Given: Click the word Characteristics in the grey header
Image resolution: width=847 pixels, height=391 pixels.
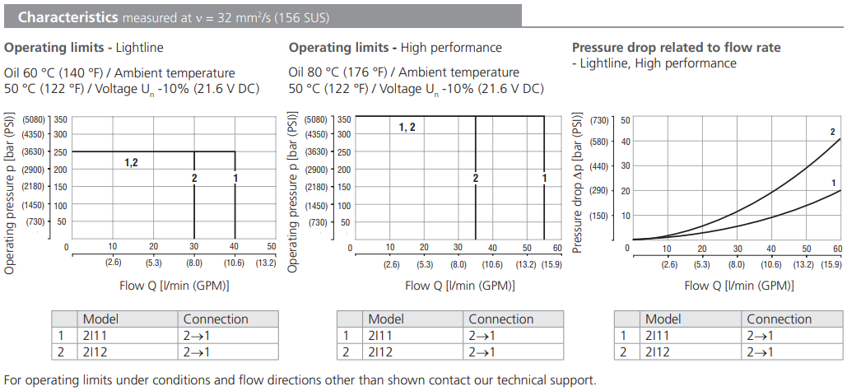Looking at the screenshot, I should [x=66, y=16].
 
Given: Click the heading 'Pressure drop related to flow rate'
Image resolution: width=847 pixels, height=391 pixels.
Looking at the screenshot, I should [x=676, y=48].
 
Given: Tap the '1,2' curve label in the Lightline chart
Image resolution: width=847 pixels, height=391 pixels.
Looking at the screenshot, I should [x=132, y=162].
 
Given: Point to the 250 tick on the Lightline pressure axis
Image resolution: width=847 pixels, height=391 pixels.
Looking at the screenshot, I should [x=60, y=151].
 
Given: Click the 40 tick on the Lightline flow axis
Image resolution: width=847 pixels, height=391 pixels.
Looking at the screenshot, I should [x=235, y=247].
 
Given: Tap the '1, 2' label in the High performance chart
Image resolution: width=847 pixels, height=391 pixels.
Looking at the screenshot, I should [x=407, y=127].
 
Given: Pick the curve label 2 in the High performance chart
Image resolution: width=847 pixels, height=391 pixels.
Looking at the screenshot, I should [x=476, y=178].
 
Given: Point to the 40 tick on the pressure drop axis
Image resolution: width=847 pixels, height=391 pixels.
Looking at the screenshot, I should [x=625, y=141].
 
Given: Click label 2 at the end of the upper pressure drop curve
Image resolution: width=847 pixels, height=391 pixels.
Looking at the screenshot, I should [x=832, y=133].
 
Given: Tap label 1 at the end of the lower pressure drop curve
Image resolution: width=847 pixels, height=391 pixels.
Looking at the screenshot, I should [x=833, y=183].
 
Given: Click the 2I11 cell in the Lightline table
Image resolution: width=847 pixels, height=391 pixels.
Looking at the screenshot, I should [x=95, y=335].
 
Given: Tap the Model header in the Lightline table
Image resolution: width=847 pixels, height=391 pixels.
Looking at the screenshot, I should [x=100, y=319].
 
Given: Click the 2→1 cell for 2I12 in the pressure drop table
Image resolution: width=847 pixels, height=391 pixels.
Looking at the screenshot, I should [x=761, y=352].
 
